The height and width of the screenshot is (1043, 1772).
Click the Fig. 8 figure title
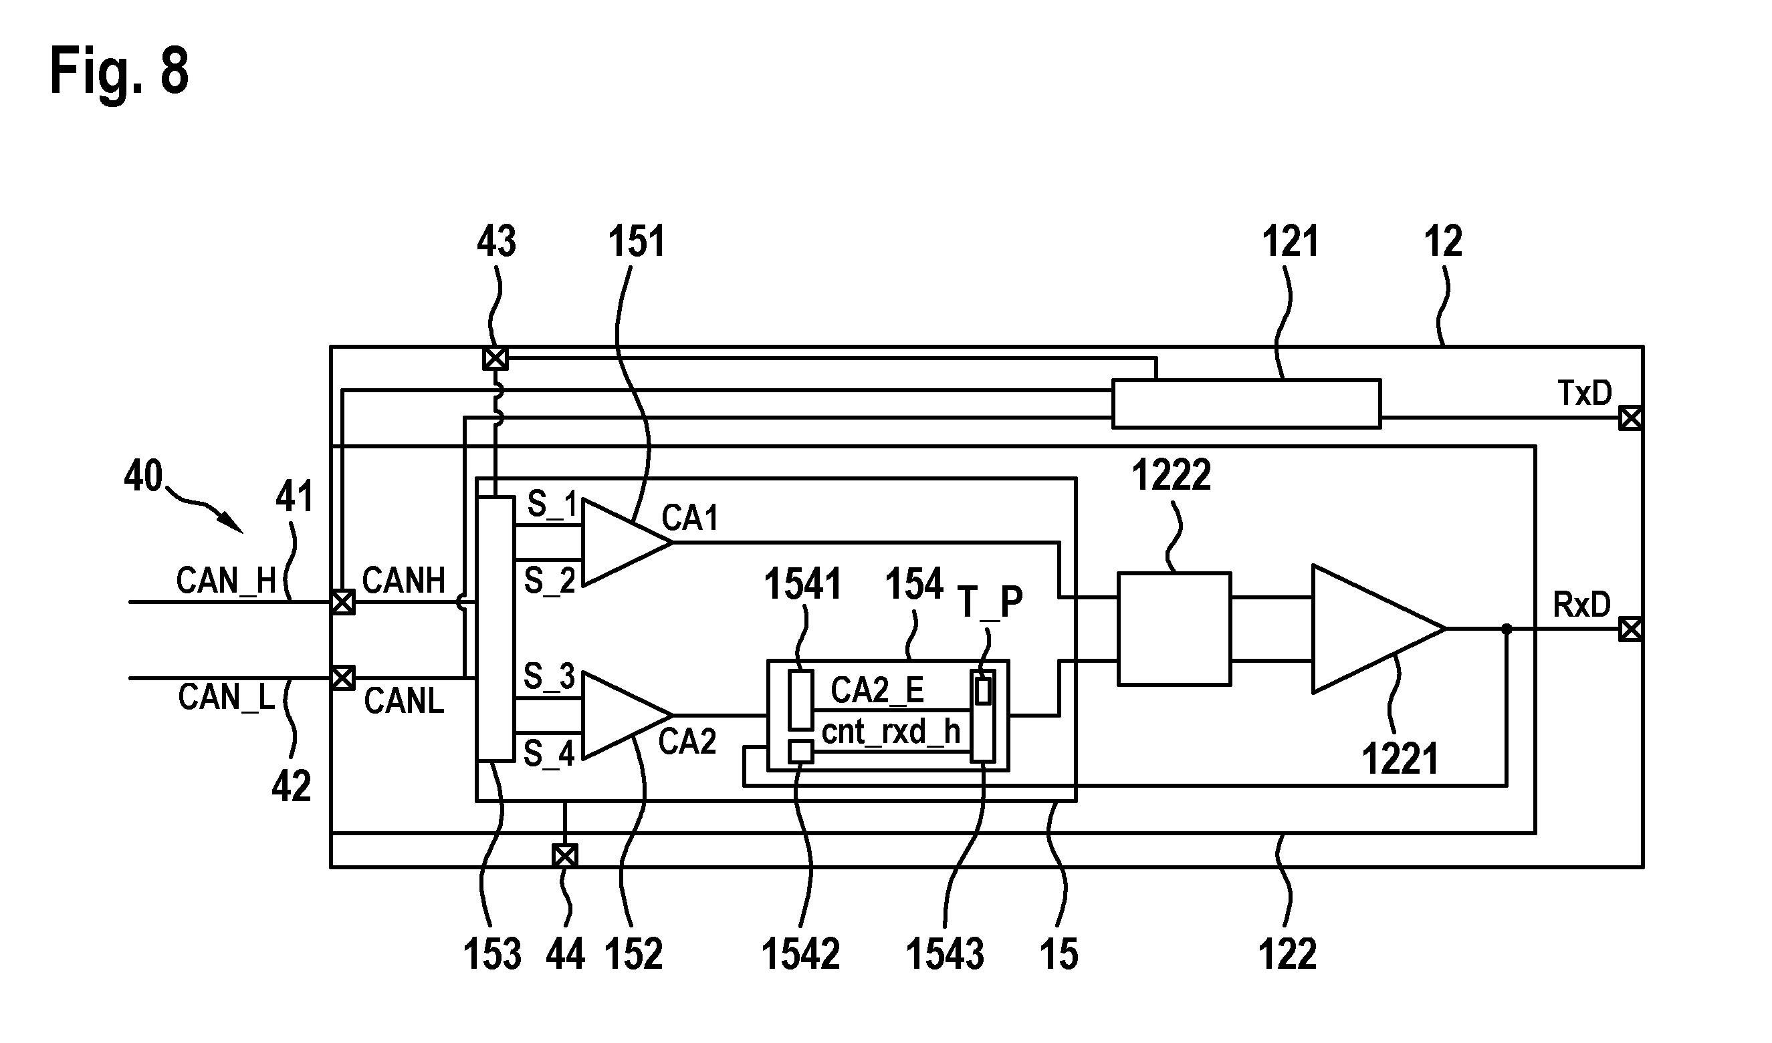coord(120,71)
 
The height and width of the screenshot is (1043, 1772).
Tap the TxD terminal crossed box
coord(1631,418)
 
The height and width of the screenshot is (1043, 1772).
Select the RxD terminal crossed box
coord(1631,629)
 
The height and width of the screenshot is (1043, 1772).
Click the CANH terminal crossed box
coord(343,602)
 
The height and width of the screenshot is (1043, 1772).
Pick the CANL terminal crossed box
coord(343,678)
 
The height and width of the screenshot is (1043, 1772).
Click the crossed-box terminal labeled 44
coord(564,855)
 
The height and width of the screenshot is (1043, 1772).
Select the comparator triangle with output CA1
coord(627,543)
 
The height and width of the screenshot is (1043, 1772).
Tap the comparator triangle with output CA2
coord(627,716)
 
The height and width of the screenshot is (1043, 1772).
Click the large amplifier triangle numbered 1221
coord(1378,629)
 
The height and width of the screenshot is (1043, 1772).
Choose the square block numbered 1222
coord(1174,629)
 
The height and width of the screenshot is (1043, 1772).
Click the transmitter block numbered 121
coord(1246,404)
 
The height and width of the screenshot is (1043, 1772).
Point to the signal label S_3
coord(549,677)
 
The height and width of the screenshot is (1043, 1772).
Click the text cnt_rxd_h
coord(891,732)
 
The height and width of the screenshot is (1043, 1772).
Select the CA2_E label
coord(877,691)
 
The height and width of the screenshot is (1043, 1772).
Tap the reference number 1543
coord(944,954)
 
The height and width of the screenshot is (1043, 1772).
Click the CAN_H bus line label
coord(226,581)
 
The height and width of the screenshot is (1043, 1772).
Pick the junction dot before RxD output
coord(1506,629)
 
